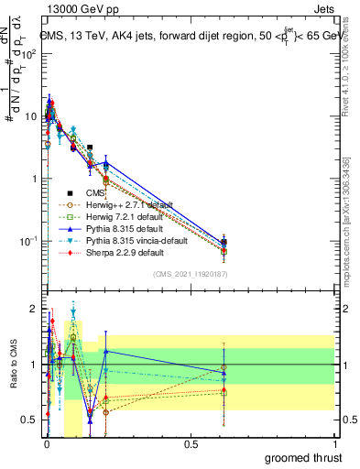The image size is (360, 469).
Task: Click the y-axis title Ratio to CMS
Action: pyautogui.click(x=12, y=365)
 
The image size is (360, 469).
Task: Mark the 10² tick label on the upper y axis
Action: pyautogui.click(x=28, y=54)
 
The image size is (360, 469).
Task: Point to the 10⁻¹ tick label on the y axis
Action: pyautogui.click(x=27, y=241)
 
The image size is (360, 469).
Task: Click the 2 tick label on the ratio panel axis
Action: pyautogui.click(x=33, y=309)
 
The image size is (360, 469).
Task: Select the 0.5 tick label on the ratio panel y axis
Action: pyautogui.click(x=29, y=420)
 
